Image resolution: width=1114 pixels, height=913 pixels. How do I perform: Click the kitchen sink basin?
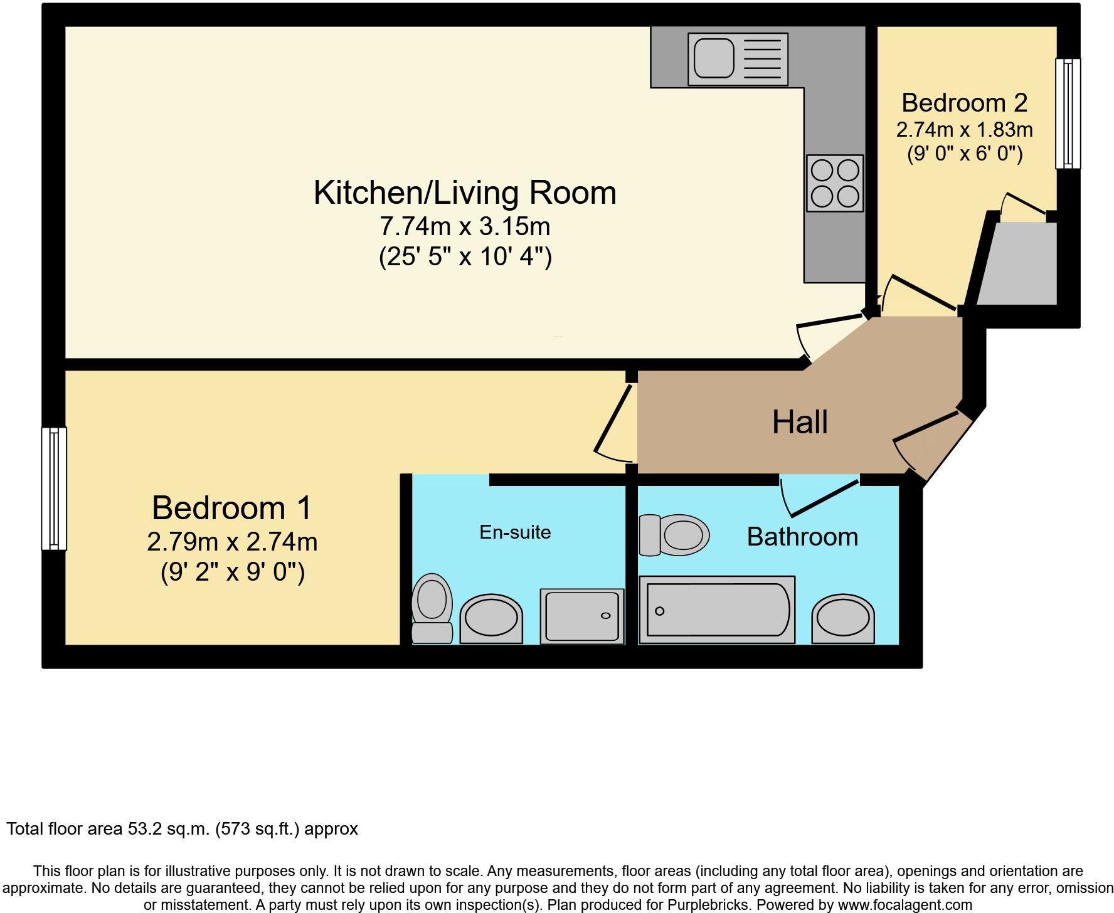[x=714, y=58]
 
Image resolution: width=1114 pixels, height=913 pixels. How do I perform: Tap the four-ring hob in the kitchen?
[x=835, y=182]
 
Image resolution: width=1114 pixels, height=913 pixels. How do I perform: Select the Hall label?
[x=800, y=422]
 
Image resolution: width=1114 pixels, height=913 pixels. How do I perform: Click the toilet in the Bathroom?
[x=674, y=536]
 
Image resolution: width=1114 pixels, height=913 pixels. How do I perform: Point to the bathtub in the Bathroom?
[x=717, y=610]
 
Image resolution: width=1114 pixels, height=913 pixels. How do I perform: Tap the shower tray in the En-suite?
[x=582, y=616]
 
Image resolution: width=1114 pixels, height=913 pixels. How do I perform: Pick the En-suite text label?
[x=515, y=532]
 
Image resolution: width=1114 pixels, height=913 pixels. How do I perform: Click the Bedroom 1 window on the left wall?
[x=54, y=488]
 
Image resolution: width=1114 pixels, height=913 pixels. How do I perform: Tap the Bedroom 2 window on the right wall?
[x=1068, y=113]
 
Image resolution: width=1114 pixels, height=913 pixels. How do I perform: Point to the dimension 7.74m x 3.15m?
[x=465, y=226]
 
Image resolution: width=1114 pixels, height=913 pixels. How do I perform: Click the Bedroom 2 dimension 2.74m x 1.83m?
[x=964, y=130]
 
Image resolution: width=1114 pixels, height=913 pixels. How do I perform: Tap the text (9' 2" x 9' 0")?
[x=233, y=572]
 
